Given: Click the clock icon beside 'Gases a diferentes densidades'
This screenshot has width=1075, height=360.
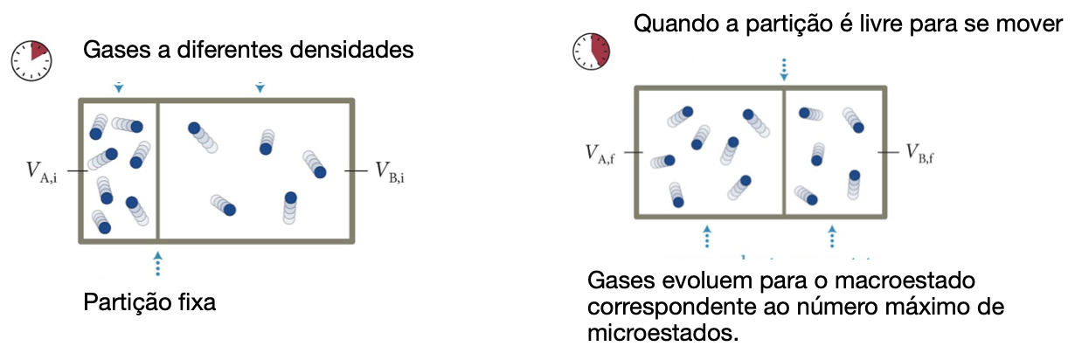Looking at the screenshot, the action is pyautogui.click(x=31, y=57).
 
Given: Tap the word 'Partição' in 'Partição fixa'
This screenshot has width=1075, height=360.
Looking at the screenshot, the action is pyautogui.click(x=124, y=303).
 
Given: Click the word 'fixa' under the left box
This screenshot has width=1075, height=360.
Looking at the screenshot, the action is pyautogui.click(x=194, y=303).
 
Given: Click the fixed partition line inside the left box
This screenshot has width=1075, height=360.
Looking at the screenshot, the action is pyautogui.click(x=157, y=170).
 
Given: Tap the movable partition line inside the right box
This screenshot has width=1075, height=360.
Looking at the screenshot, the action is pyautogui.click(x=784, y=152).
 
